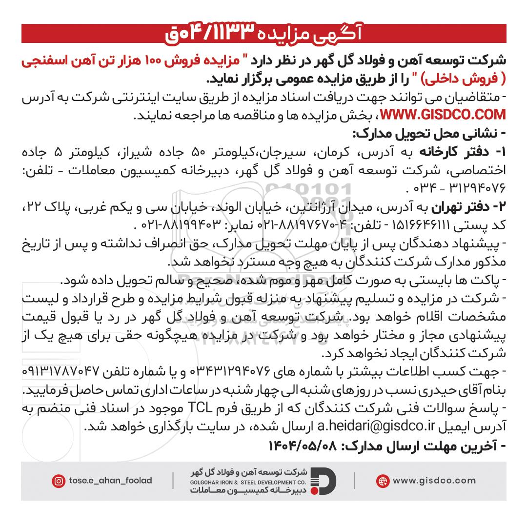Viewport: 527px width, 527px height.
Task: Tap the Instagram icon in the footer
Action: coord(58,481)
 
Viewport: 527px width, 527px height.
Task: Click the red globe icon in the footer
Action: coord(383,481)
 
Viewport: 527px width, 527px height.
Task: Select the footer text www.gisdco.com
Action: coord(434,481)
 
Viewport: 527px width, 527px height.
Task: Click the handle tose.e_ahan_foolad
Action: coord(111,481)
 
